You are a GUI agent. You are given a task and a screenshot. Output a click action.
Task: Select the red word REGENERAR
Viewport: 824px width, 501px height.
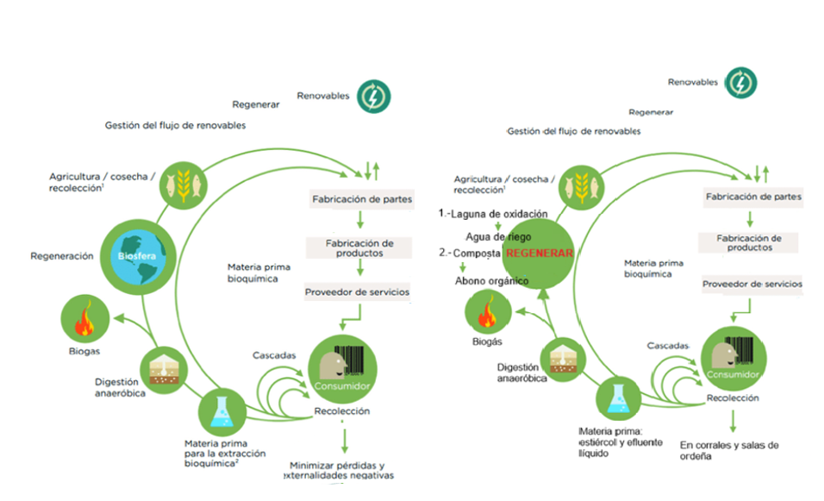point(539,254)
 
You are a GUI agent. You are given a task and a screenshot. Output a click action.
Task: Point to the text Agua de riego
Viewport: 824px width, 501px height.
point(498,235)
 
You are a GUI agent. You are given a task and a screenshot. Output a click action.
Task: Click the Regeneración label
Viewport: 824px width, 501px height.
point(61,256)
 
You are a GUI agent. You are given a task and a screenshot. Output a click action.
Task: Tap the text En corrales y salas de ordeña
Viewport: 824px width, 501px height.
point(728,450)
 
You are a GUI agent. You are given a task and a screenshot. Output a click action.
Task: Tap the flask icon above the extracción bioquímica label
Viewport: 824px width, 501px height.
point(222,412)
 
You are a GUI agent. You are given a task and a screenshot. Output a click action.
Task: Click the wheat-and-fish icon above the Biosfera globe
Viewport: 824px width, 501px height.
point(184,181)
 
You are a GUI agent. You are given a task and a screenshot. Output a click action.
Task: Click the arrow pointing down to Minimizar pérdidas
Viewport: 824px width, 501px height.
point(345,441)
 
